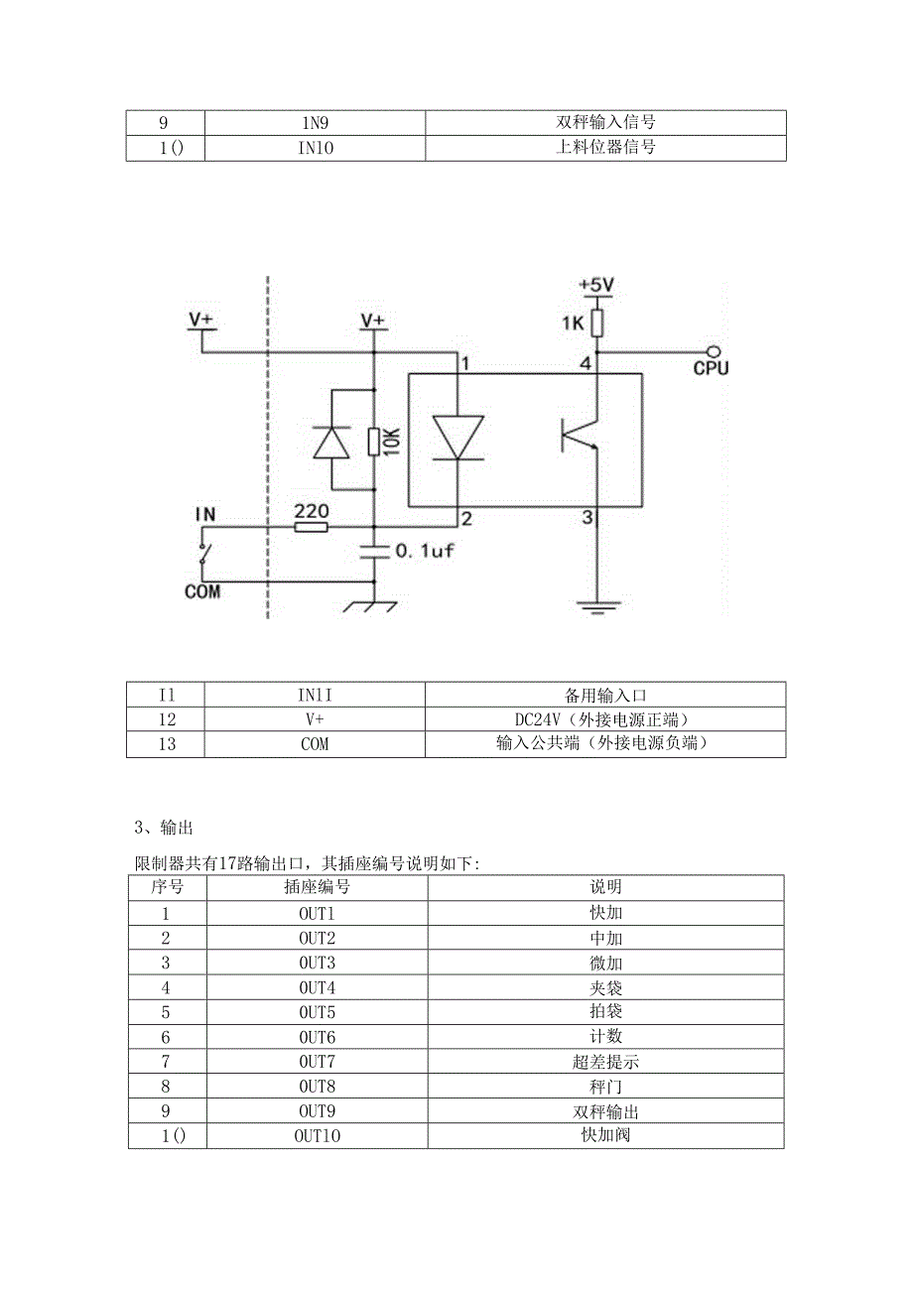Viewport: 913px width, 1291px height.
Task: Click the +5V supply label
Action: (596, 285)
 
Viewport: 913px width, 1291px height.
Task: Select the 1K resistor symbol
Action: (596, 323)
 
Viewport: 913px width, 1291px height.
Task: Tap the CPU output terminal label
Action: (711, 368)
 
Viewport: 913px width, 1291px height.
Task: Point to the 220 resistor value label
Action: (311, 510)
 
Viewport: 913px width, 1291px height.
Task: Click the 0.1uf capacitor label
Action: (425, 550)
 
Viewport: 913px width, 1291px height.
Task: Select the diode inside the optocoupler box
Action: (458, 438)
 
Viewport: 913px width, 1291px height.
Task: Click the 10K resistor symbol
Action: (373, 440)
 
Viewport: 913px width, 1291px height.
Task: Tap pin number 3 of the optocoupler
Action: (587, 517)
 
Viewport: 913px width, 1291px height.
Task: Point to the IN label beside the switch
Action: (205, 514)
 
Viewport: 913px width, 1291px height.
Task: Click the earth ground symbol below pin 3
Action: (596, 605)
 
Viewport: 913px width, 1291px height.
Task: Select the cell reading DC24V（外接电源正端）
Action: (605, 719)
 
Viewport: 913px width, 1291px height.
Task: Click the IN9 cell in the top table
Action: (315, 123)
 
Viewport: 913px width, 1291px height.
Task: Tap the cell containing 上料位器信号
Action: (605, 148)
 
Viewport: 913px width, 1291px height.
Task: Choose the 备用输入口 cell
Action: (605, 695)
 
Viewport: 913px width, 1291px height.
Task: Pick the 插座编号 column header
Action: (317, 887)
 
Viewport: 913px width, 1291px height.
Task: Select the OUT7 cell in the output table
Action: (317, 1062)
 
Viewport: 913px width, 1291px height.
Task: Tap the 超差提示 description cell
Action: (605, 1062)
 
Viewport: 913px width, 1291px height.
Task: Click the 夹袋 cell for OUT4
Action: (605, 987)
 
